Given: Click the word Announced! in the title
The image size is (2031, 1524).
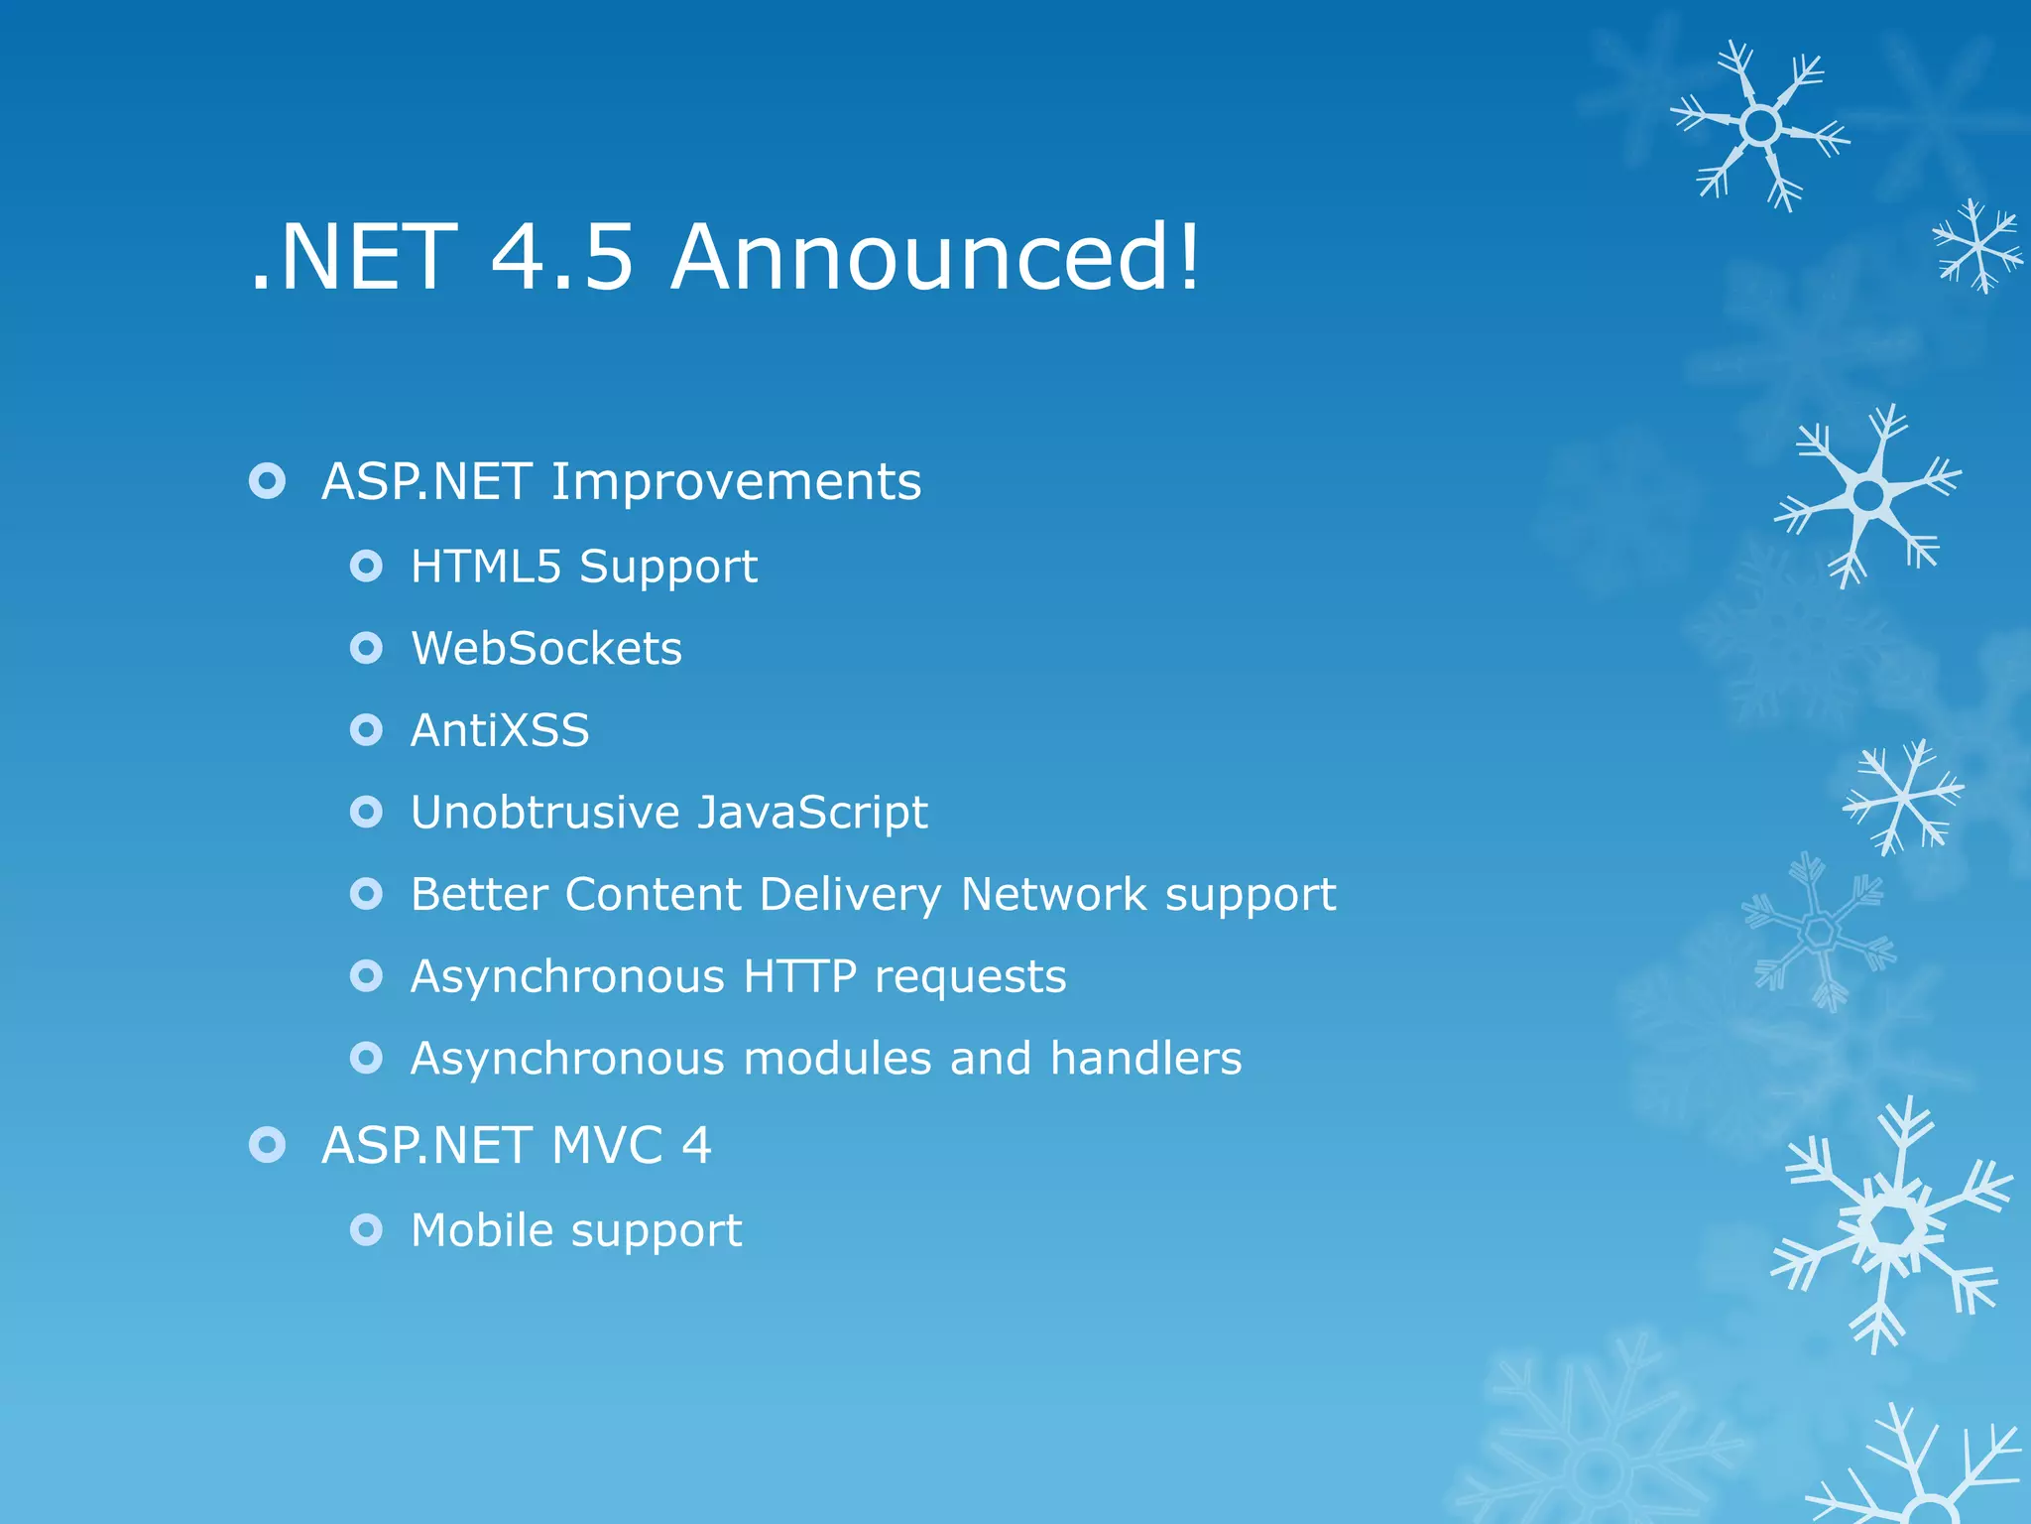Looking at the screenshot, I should point(935,257).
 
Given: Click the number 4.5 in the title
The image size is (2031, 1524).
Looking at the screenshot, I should point(561,257).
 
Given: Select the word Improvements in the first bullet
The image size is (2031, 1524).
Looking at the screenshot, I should point(736,482).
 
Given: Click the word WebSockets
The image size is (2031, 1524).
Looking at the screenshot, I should point(546,649).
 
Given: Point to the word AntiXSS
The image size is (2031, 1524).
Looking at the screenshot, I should point(500,731).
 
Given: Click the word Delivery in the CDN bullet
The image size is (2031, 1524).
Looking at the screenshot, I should point(850,895).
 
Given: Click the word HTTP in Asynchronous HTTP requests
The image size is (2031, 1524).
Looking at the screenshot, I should point(799,976).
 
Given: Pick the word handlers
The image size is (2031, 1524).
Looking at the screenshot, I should point(1145,1059).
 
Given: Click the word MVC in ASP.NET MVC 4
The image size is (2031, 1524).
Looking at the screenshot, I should point(606,1146).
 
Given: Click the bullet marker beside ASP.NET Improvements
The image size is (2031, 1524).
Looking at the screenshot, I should point(267,482).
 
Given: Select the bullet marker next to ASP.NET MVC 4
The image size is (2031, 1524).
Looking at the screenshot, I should point(267,1146).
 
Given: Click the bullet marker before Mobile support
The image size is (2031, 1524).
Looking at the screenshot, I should point(366,1231).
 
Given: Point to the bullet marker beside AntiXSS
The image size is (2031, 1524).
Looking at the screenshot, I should point(366,731).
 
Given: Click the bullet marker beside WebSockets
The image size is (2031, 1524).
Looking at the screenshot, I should point(366,649).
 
